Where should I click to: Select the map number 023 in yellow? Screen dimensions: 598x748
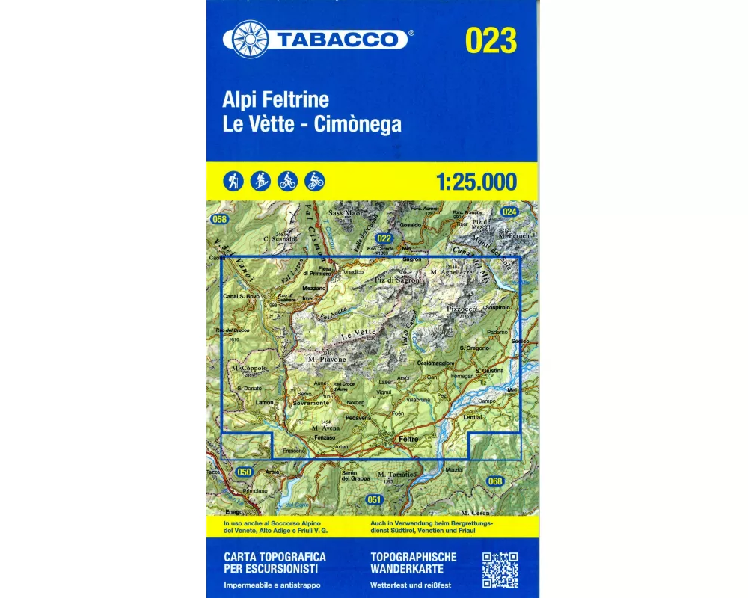pyautogui.click(x=491, y=40)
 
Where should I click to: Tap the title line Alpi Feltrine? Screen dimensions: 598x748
pyautogui.click(x=275, y=100)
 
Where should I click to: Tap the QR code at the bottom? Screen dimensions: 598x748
pyautogui.click(x=500, y=570)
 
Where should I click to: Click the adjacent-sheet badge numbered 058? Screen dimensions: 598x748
pyautogui.click(x=219, y=219)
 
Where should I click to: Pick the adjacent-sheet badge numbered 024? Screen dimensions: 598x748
pyautogui.click(x=510, y=212)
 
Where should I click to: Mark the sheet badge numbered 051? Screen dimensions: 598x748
pyautogui.click(x=375, y=499)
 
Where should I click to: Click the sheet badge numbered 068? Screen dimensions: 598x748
pyautogui.click(x=495, y=481)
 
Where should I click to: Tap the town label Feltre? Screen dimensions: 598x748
pyautogui.click(x=408, y=439)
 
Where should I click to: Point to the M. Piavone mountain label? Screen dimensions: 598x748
pyautogui.click(x=327, y=360)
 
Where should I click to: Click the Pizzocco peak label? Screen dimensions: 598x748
pyautogui.click(x=462, y=308)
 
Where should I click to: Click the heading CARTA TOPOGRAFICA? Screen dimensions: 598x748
pyautogui.click(x=275, y=558)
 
